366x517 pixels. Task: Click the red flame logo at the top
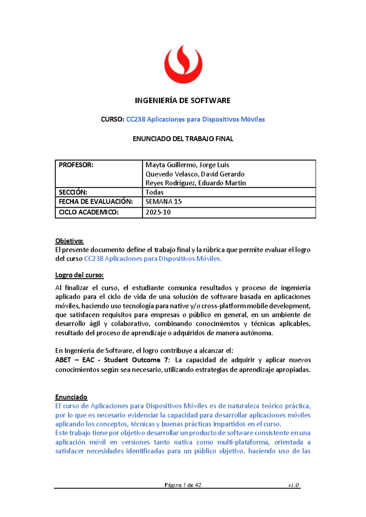[x=183, y=64]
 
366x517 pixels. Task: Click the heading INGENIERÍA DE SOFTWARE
[x=183, y=101]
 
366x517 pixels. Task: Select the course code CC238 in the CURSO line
[x=136, y=119]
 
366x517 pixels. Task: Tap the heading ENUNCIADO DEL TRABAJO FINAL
[x=183, y=139]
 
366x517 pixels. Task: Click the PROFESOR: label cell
[x=76, y=165]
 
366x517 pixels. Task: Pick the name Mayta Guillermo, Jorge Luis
[x=187, y=165]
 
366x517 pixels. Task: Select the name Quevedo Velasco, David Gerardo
[x=195, y=174]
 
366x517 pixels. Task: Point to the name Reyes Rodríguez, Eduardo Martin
[x=196, y=183]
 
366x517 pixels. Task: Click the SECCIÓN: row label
[x=73, y=192]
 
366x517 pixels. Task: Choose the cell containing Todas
[x=155, y=192]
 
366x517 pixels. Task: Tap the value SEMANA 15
[x=163, y=202]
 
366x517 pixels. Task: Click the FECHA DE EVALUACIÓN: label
[x=95, y=202]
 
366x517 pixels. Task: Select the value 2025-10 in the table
[x=158, y=212]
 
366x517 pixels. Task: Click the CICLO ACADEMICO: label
[x=88, y=212]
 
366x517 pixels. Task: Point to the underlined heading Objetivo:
[x=69, y=241]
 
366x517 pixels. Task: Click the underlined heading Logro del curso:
[x=79, y=275]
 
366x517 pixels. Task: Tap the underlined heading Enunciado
[x=71, y=397]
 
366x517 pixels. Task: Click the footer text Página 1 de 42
[x=183, y=485]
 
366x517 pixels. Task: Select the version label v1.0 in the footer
[x=293, y=485]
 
